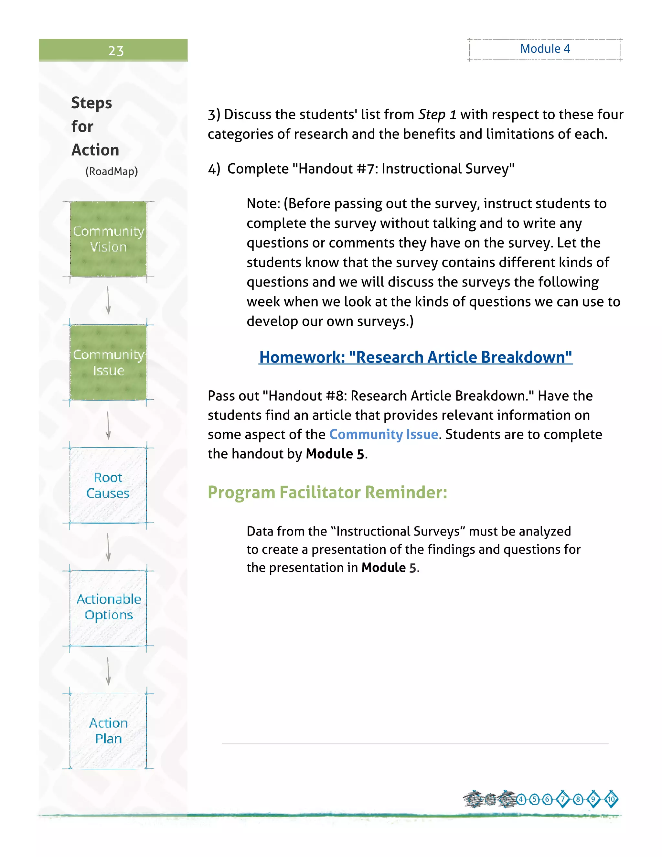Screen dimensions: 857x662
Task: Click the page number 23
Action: (x=116, y=51)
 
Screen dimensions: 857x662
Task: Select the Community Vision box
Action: (x=108, y=239)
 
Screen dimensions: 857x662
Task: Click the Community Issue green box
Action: (x=108, y=362)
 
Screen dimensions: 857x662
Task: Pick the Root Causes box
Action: (x=108, y=485)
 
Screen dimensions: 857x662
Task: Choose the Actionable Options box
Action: (x=108, y=607)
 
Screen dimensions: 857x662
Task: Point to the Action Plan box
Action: (x=108, y=731)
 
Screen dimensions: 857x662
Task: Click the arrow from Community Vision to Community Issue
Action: (x=108, y=300)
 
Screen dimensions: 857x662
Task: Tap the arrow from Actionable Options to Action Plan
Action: (x=108, y=671)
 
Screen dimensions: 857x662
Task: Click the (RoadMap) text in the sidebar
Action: (x=112, y=171)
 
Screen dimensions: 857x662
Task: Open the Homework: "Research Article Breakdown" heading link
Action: (x=415, y=357)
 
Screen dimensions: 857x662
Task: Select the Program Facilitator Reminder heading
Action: (x=327, y=493)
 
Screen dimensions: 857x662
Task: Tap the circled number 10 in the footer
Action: (x=611, y=799)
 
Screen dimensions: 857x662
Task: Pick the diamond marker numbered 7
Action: (x=563, y=799)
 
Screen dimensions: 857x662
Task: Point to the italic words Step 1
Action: (x=437, y=114)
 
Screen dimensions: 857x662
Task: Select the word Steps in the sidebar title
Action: (x=92, y=103)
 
